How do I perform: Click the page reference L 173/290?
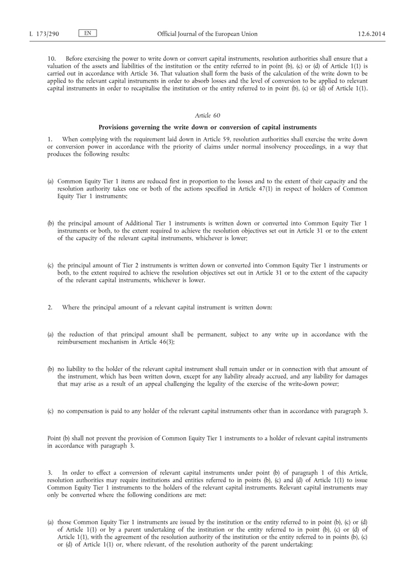coord(44,34)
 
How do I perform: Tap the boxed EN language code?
coord(87,34)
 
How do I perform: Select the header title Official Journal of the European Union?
coord(207,34)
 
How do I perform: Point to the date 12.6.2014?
coord(371,34)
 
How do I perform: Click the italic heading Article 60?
coord(207,115)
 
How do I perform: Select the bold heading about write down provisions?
coord(207,127)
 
